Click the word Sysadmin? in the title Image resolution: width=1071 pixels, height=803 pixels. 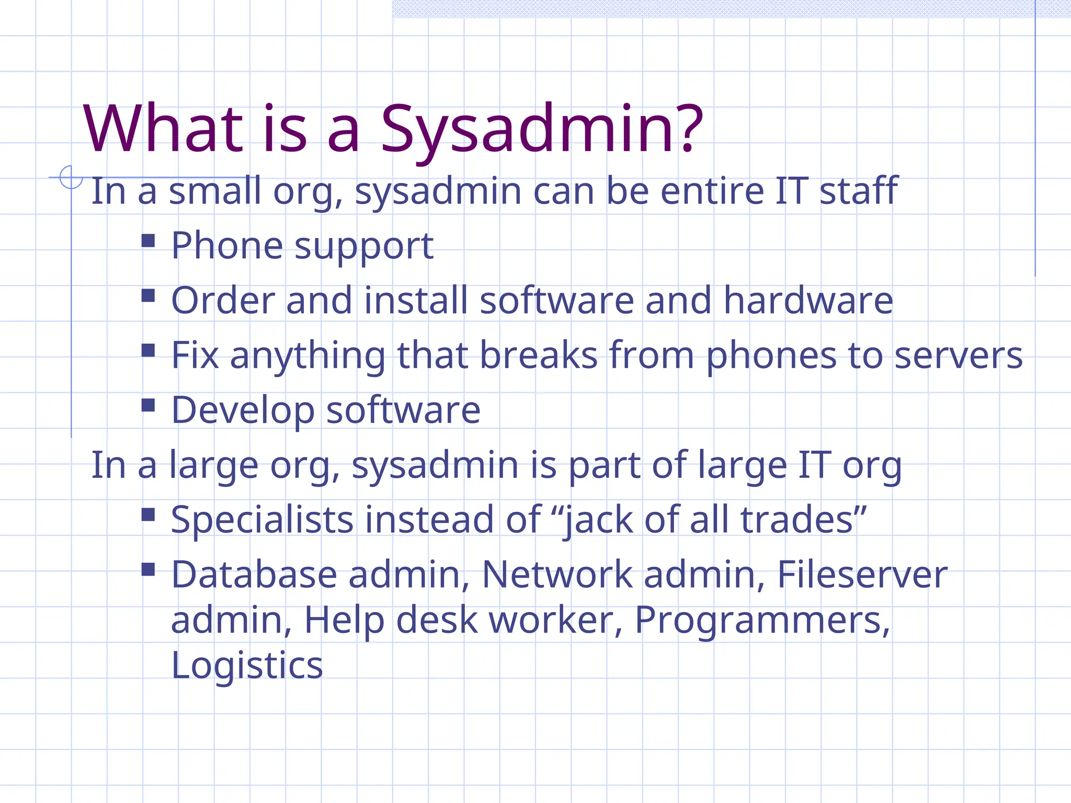pos(541,130)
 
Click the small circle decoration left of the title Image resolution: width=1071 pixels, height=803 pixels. pos(71,177)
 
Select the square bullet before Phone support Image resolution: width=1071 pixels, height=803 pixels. pos(149,240)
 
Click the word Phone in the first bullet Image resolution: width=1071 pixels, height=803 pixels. pos(226,246)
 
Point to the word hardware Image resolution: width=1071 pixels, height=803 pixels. pos(808,301)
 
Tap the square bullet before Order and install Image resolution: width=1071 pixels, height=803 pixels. pos(149,295)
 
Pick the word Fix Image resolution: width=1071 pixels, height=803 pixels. pos(195,355)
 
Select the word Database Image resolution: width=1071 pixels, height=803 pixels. pos(254,575)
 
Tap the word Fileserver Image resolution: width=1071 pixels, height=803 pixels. pos(862,575)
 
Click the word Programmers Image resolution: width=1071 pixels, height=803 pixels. pos(761,621)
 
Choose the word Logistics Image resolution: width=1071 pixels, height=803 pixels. pos(247,666)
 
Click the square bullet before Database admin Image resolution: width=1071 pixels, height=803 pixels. pos(149,569)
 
